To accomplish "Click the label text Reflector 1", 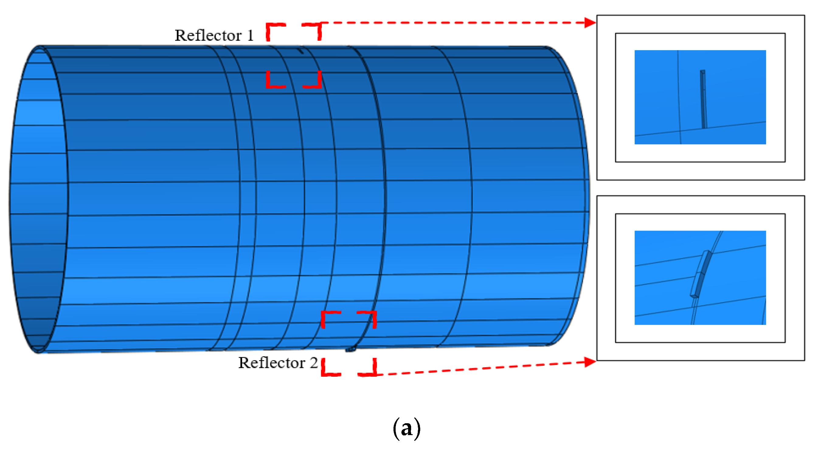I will coord(214,35).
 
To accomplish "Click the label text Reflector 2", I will coord(278,363).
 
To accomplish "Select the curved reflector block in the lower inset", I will coord(701,274).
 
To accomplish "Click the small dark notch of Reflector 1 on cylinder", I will coord(301,51).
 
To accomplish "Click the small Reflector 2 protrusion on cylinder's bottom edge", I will coord(350,349).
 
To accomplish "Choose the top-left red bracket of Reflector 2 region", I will coord(328,317).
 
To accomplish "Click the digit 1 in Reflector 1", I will coord(250,35).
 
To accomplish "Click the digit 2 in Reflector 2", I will coord(314,363).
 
